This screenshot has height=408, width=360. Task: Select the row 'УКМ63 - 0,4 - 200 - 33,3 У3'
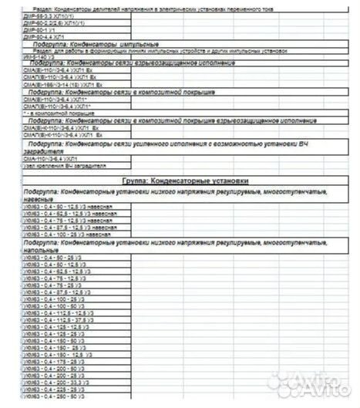point(58,382)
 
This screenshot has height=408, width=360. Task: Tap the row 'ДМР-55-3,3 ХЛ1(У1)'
point(50,16)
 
